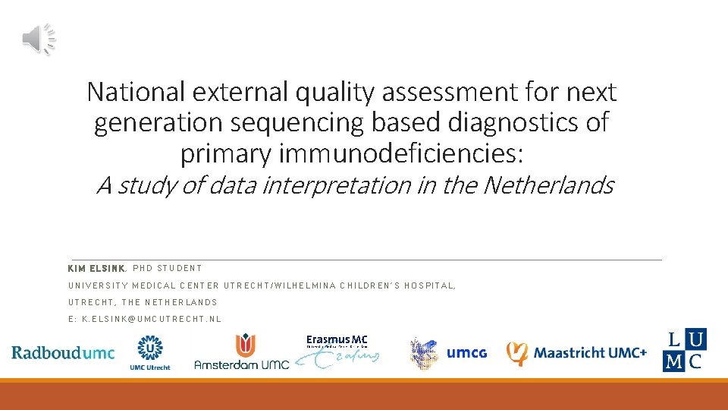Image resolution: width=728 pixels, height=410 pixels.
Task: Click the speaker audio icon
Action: point(39,39)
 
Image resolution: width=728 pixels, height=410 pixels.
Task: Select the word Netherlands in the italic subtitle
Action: point(548,184)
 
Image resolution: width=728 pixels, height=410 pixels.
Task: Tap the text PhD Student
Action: point(169,268)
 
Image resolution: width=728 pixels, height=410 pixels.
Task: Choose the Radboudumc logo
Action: point(63,352)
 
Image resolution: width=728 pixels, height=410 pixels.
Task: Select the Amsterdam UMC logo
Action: point(241,353)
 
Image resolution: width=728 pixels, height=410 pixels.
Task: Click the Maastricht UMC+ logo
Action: point(576,353)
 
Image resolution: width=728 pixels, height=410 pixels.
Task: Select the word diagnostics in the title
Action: point(521,122)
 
